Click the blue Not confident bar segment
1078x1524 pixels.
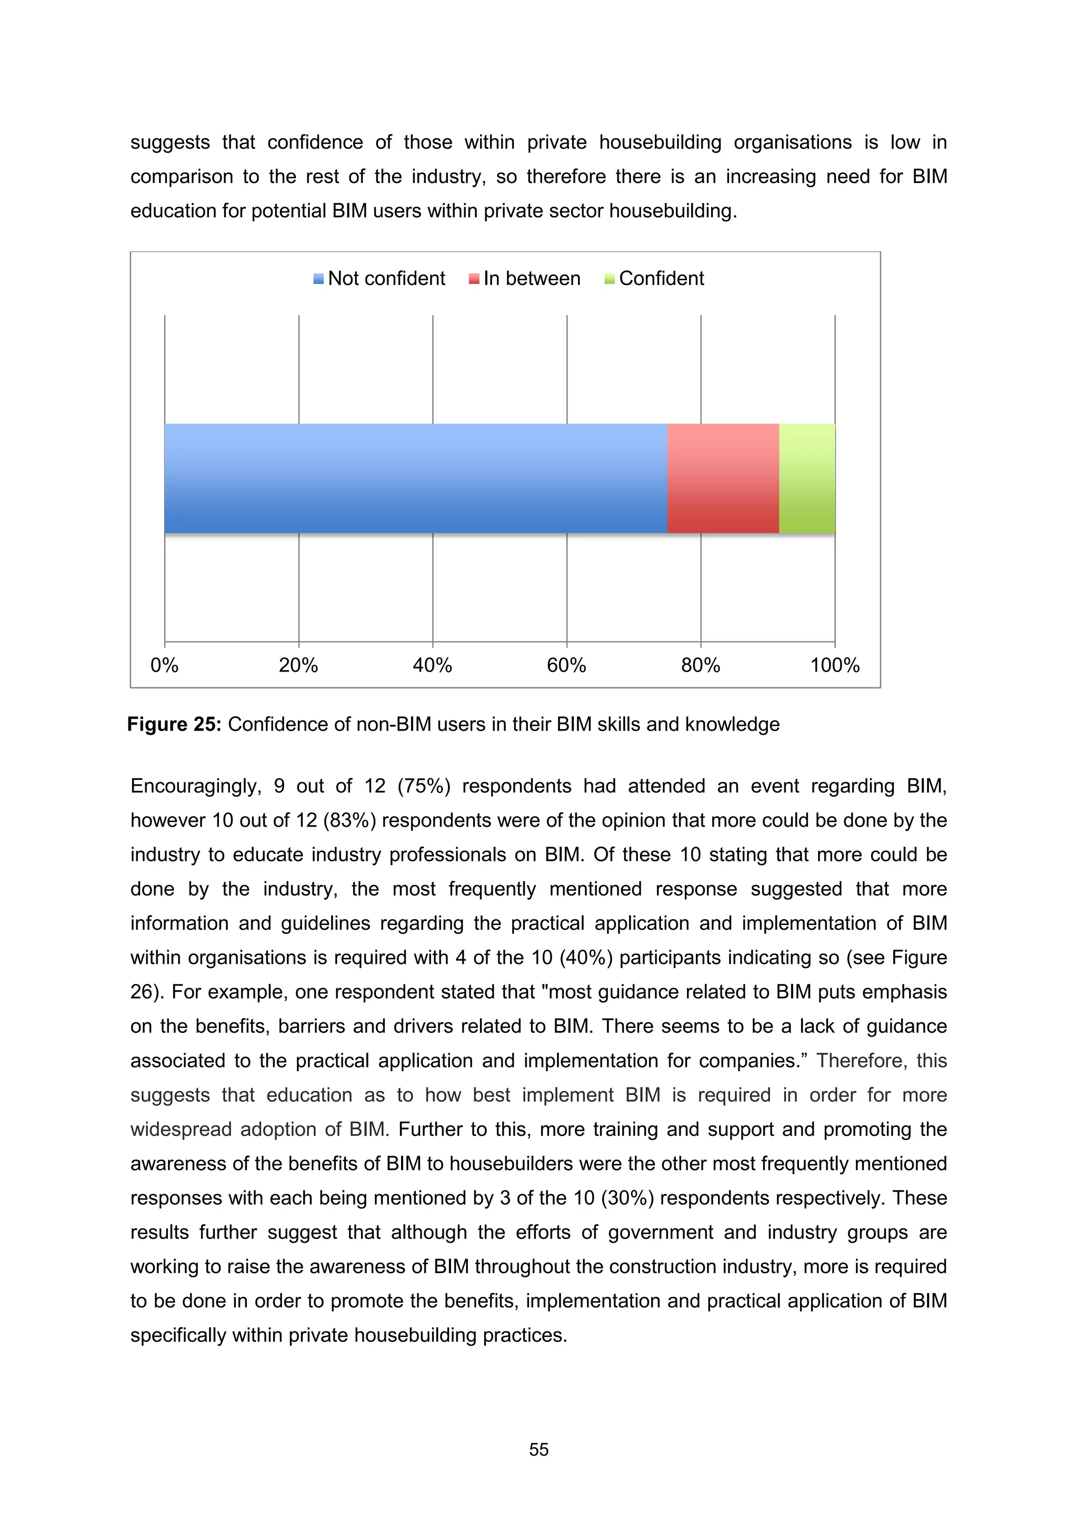click(415, 478)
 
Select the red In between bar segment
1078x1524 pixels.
click(723, 478)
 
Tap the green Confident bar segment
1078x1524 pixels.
click(806, 478)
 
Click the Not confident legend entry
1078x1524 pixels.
click(380, 278)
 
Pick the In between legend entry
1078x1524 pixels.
click(525, 278)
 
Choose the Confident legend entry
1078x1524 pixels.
click(654, 278)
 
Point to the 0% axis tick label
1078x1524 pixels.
click(164, 665)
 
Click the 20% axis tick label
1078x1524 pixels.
click(298, 665)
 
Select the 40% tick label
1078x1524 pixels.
click(432, 665)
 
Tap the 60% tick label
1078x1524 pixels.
click(566, 665)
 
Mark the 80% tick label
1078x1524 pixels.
click(701, 665)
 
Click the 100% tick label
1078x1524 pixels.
click(834, 665)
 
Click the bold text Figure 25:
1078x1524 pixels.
click(174, 724)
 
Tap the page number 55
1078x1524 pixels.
click(538, 1450)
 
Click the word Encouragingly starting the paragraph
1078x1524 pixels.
click(195, 786)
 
